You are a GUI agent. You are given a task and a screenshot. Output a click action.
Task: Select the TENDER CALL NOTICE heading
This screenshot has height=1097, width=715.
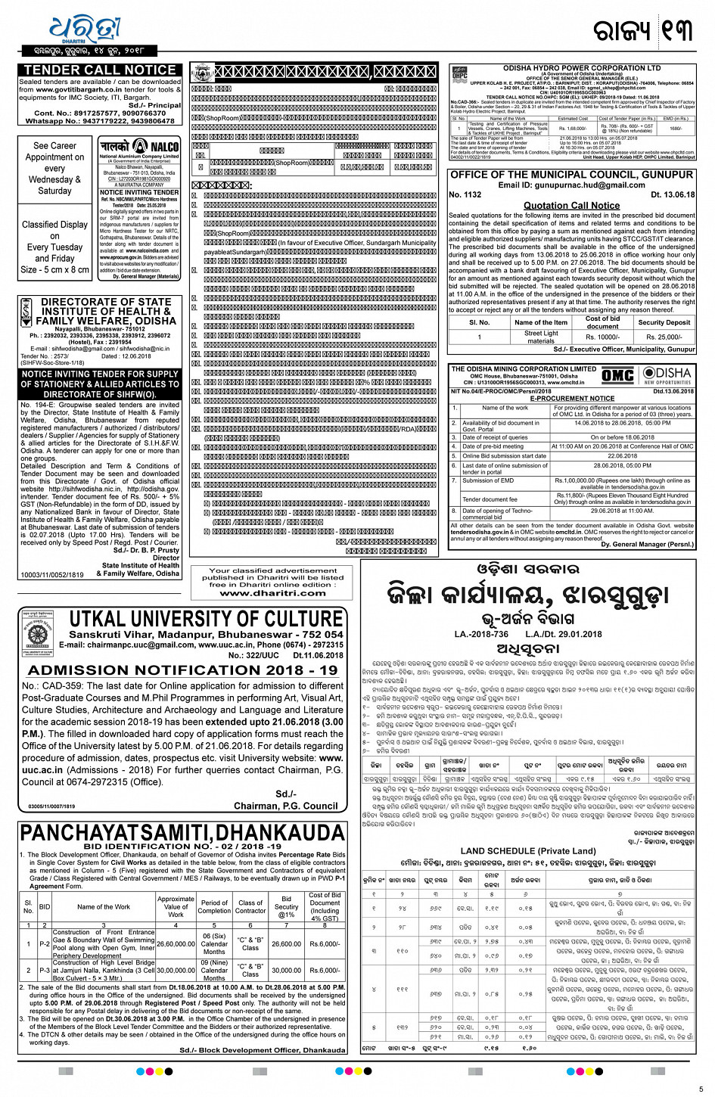pos(100,70)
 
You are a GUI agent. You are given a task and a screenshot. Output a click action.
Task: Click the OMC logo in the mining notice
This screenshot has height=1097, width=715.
pos(617,376)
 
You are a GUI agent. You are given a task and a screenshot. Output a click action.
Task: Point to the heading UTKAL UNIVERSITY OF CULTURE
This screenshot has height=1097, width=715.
pos(206,619)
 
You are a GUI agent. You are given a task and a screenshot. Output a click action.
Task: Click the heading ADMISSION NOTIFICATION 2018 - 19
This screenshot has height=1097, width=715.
pos(183,670)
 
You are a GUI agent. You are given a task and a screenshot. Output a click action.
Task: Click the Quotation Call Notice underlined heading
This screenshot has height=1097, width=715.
pos(571,205)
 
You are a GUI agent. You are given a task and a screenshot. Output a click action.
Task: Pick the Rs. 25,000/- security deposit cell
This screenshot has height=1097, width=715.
pos(664,337)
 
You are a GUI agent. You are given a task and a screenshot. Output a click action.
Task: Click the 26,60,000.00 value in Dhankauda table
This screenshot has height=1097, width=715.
pos(176,943)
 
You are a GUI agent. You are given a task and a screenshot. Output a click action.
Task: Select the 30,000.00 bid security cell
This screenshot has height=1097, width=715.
pos(286,970)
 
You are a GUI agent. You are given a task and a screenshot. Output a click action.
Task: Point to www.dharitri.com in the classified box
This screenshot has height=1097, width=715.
pos(272,593)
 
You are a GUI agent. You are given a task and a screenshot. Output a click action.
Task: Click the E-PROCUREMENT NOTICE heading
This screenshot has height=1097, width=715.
pos(571,398)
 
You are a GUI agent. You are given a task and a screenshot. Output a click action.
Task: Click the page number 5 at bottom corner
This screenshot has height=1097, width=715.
pos(701,1089)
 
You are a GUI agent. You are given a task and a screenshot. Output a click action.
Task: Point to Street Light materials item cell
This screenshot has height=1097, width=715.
pos(540,337)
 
